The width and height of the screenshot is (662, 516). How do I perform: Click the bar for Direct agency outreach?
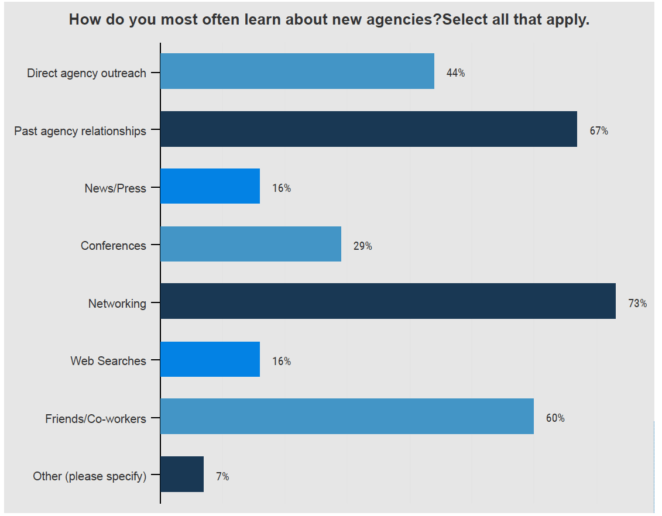tap(297, 71)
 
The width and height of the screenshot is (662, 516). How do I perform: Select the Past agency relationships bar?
tap(369, 129)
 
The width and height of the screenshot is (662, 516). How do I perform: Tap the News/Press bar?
tap(210, 186)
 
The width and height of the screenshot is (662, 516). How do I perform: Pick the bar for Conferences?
tap(251, 244)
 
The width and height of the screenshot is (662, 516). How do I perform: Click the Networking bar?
tap(388, 301)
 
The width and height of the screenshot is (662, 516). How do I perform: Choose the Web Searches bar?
tap(210, 359)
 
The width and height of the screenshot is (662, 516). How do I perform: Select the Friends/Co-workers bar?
tap(347, 417)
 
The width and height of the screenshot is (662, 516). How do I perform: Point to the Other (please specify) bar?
tap(182, 474)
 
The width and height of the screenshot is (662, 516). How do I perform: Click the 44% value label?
tap(455, 73)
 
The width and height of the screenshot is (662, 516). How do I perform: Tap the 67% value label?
tap(599, 131)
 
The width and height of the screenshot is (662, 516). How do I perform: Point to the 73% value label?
tap(637, 304)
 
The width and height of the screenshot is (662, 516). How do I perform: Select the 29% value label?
tap(362, 246)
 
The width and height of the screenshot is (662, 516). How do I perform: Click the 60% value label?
tap(555, 418)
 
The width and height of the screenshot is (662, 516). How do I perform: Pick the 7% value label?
tap(222, 477)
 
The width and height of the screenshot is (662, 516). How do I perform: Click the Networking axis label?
tap(117, 304)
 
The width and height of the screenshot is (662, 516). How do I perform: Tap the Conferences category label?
tap(114, 246)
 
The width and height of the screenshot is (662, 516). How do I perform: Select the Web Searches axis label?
tap(108, 361)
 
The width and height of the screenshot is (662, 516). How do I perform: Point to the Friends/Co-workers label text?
tap(95, 419)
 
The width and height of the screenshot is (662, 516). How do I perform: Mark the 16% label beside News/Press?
tap(281, 188)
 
